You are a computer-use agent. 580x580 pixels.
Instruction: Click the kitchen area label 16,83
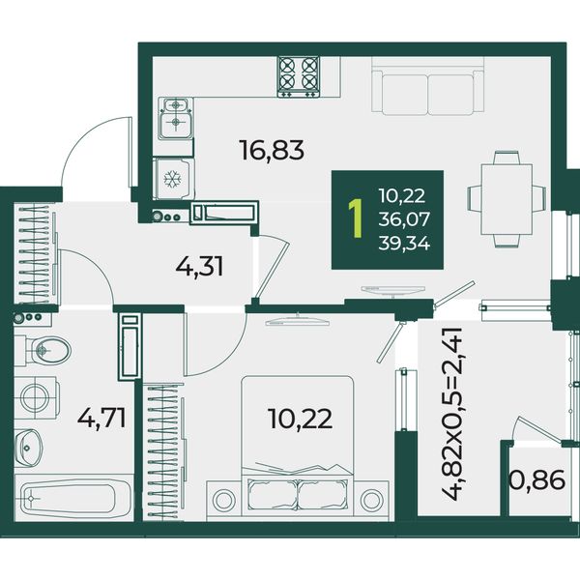coord(272,150)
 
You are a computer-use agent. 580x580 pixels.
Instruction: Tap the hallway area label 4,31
coord(199,267)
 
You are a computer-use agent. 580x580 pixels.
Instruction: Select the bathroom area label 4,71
coord(101,418)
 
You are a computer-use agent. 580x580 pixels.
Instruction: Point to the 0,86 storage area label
coord(537,479)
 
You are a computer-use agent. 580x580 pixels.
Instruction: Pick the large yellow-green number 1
coord(356,219)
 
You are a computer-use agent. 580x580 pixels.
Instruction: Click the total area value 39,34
coord(404,244)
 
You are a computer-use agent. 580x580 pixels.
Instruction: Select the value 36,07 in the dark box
coord(404,219)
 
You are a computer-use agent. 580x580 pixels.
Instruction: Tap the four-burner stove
coord(299,76)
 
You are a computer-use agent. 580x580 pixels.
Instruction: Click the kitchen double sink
coord(176,118)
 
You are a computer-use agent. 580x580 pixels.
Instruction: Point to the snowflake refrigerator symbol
coord(173,179)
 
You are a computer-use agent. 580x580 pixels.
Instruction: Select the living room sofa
coord(428,86)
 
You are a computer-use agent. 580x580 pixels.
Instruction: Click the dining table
coord(507,199)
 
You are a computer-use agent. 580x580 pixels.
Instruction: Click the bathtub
coord(73,498)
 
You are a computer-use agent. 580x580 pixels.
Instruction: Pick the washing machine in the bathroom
coord(37,397)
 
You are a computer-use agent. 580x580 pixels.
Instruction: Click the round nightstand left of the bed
coord(224,500)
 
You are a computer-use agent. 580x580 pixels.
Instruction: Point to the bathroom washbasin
coord(28,448)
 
